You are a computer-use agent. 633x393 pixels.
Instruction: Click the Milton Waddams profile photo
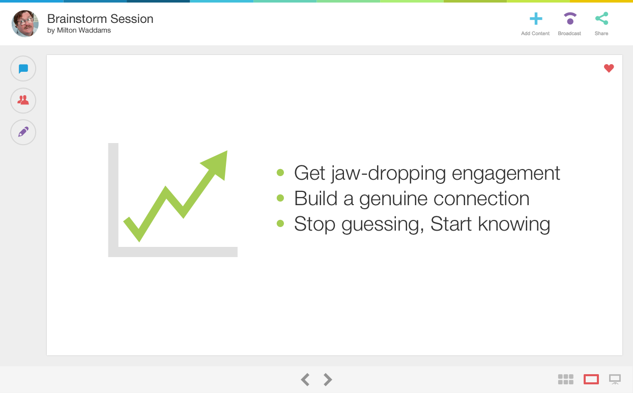point(25,23)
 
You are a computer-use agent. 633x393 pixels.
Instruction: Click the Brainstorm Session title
point(100,19)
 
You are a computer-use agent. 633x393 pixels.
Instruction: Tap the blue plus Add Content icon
point(536,19)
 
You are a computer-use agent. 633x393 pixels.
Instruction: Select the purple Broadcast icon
point(570,19)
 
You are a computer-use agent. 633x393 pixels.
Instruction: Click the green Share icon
point(601,18)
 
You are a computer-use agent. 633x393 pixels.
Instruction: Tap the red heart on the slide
point(609,68)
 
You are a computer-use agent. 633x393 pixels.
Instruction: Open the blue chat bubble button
point(23,69)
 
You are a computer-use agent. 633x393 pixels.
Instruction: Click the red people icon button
point(23,100)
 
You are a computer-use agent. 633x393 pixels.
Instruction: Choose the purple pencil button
point(23,132)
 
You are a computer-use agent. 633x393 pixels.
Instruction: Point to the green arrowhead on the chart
point(218,164)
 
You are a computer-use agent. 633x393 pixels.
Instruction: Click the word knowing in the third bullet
point(514,224)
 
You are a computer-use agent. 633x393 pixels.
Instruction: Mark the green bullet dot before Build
point(280,198)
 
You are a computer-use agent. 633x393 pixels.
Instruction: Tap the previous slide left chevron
point(305,379)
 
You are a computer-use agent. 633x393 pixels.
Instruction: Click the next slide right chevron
point(328,379)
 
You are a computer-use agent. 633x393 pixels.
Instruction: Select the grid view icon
point(566,379)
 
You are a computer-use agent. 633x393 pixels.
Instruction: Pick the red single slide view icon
point(591,379)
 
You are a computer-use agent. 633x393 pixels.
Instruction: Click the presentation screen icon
point(615,379)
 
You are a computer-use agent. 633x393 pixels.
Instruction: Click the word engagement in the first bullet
point(506,173)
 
